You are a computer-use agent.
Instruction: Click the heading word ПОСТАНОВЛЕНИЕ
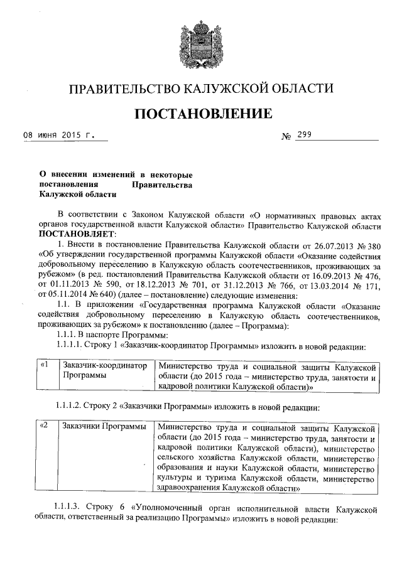click(201, 114)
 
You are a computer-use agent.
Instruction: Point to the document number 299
click(305, 134)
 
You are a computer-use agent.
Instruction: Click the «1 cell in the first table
click(44, 365)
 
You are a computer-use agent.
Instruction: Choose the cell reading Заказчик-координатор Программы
click(104, 370)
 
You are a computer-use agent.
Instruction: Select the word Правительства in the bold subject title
click(161, 185)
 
